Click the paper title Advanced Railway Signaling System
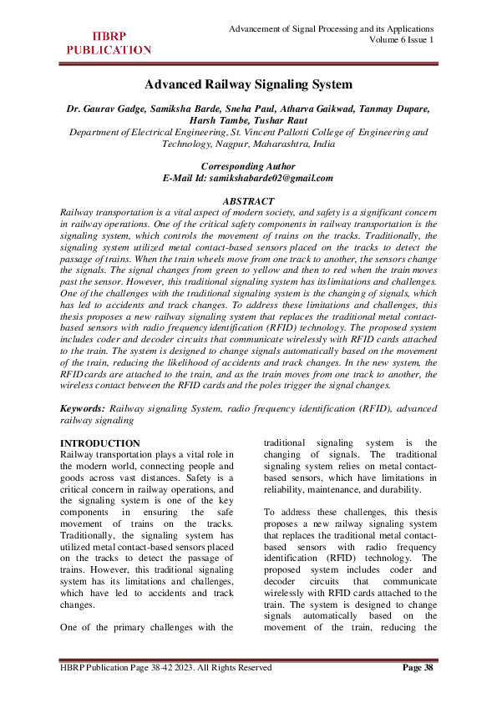(x=248, y=84)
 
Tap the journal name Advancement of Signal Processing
(x=331, y=28)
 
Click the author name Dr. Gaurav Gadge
(x=104, y=109)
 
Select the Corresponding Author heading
(x=248, y=166)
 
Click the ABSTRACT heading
(x=248, y=201)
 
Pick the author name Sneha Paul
(x=246, y=109)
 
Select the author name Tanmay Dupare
(x=395, y=109)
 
